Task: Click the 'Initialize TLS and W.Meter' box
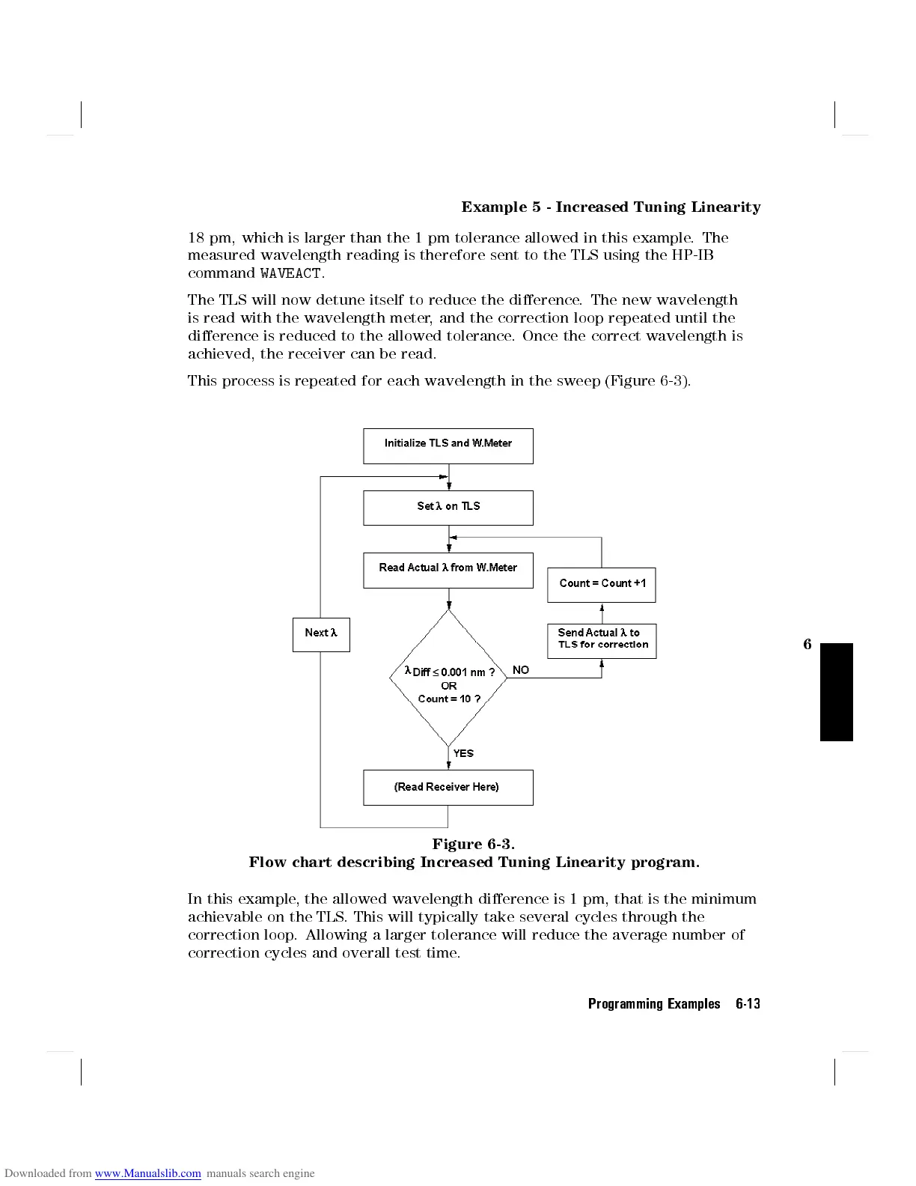coord(448,445)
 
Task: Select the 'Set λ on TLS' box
coord(448,508)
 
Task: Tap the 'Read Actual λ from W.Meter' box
coord(448,570)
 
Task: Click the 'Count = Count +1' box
coord(602,585)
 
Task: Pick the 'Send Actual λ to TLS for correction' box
coord(602,641)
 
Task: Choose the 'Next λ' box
coord(321,633)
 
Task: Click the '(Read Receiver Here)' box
coord(448,787)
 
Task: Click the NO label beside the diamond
coord(521,670)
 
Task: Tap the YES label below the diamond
coord(463,753)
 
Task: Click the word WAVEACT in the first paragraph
coord(290,273)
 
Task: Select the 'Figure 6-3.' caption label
coord(473,845)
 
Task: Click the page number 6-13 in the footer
coord(748,1004)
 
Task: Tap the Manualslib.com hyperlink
coord(147,1173)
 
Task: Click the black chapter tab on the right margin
coord(836,692)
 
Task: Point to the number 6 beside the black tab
coord(807,645)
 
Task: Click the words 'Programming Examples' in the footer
coord(654,1004)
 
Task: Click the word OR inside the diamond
coord(449,686)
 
